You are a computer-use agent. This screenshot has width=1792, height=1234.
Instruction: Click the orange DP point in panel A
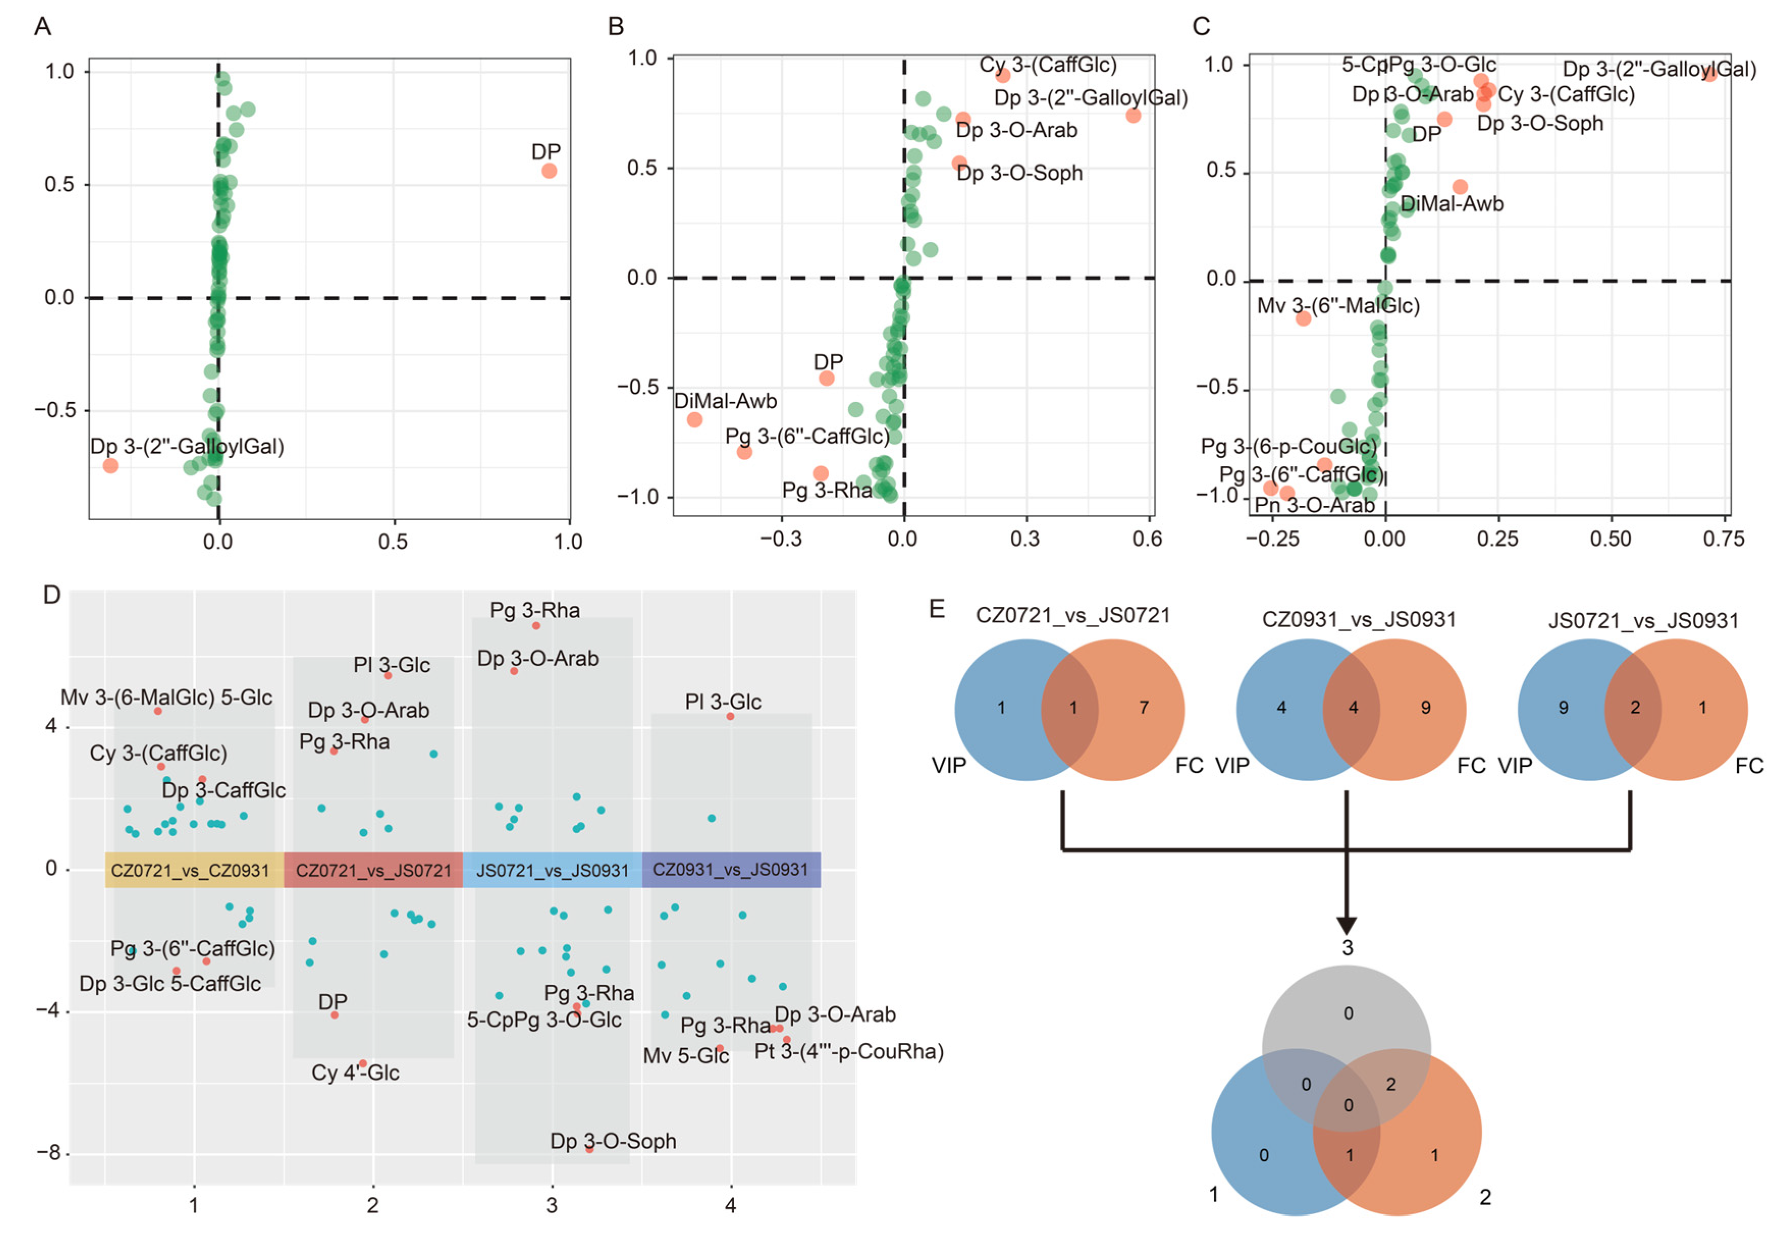[x=549, y=171]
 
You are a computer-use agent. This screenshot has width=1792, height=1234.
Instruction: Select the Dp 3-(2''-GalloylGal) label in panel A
[x=187, y=446]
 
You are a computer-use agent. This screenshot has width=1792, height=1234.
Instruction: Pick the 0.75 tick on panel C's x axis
[x=1723, y=539]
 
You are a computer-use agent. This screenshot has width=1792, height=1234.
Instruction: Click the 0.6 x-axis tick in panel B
[x=1147, y=539]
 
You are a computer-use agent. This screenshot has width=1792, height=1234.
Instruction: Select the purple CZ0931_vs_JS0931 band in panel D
[x=730, y=870]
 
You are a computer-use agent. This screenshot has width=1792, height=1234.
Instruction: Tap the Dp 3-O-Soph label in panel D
[x=613, y=1141]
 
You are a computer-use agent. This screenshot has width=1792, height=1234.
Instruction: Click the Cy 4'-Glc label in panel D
[x=355, y=1072]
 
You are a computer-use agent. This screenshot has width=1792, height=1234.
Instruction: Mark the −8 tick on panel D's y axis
[x=49, y=1153]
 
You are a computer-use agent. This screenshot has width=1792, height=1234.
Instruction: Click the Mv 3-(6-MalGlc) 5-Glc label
[x=166, y=698]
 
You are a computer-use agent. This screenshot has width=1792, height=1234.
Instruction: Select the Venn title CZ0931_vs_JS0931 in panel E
[x=1359, y=620]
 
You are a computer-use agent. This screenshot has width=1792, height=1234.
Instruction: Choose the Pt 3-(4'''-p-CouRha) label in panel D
[x=849, y=1052]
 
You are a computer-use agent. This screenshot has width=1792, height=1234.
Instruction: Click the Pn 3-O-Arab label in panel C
[x=1314, y=505]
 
